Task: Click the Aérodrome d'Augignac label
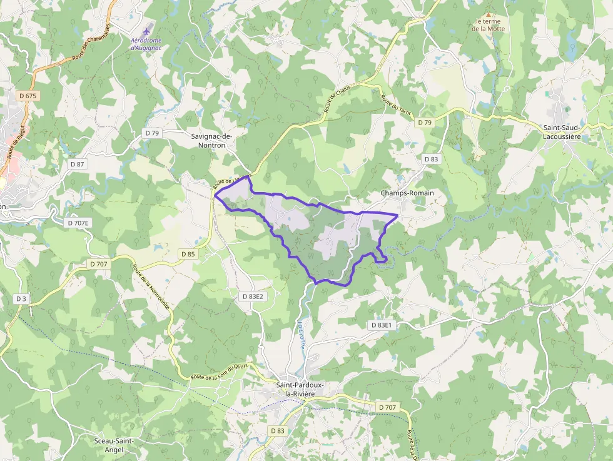click(145, 44)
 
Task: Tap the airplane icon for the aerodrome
click(147, 30)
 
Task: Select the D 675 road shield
click(28, 96)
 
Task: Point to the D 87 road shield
click(77, 164)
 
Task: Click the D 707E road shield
click(79, 223)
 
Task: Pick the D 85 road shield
click(188, 254)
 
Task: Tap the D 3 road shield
click(21, 299)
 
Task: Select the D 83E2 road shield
click(253, 296)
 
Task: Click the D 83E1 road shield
click(381, 325)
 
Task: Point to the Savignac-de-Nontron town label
click(211, 140)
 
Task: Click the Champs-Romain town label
click(407, 193)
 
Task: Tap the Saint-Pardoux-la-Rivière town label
click(300, 389)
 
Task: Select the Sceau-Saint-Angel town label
click(114, 445)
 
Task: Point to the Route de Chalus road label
click(337, 99)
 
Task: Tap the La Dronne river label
click(301, 335)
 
